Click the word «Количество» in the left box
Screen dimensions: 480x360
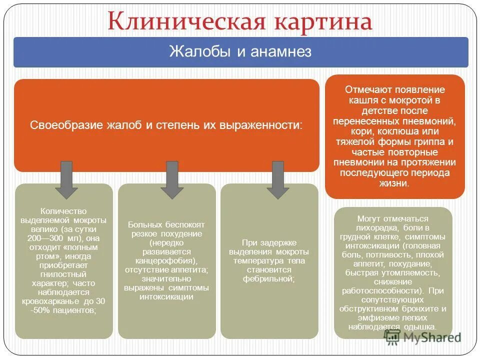[x=63, y=211]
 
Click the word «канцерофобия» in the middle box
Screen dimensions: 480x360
[x=165, y=260]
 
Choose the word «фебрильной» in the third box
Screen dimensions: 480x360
[x=268, y=278]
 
